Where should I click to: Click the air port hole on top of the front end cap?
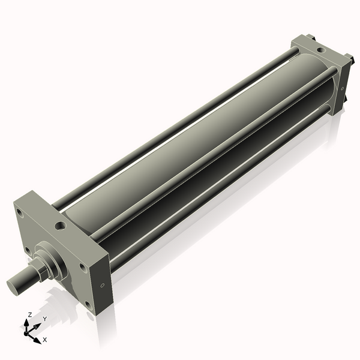pyautogui.click(x=60, y=226)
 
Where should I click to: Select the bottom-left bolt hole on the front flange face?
pyautogui.click(x=26, y=250)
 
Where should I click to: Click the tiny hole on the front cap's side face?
pyautogui.click(x=103, y=284)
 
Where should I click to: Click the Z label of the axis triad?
pyautogui.click(x=30, y=314)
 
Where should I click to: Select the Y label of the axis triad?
pyautogui.click(x=45, y=319)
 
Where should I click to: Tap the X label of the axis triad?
pyautogui.click(x=44, y=340)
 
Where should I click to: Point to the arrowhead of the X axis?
pyautogui.click(x=37, y=338)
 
